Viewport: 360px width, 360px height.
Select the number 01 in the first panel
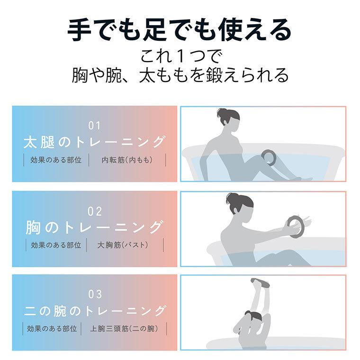point(95,126)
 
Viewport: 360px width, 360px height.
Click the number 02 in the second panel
point(95,211)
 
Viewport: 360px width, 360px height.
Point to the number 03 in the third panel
point(95,295)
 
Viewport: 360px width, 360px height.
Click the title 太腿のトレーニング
point(95,142)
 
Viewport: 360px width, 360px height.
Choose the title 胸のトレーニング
point(95,227)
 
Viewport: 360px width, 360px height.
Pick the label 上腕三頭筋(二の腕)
point(124,328)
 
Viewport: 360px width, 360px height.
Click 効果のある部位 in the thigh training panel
point(56,160)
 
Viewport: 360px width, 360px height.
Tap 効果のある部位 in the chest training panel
point(56,245)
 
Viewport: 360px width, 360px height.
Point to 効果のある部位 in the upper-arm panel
point(52,328)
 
